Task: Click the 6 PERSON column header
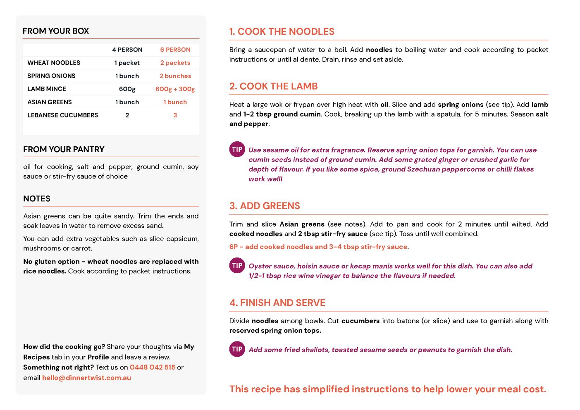(175, 50)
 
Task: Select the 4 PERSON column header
(127, 50)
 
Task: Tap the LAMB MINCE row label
(47, 89)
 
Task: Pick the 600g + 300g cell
(175, 89)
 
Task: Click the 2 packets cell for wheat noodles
(175, 63)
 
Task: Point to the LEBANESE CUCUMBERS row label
(63, 115)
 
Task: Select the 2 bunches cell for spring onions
(175, 76)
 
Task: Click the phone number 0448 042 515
(153, 367)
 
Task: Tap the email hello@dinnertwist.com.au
(86, 378)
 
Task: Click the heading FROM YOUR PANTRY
(64, 150)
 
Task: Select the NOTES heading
(37, 199)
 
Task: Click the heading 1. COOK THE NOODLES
(282, 32)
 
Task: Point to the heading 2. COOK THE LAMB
(273, 86)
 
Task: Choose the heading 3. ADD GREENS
(265, 206)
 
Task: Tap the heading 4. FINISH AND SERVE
(277, 303)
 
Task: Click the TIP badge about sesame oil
(237, 150)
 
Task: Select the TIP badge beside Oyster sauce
(237, 266)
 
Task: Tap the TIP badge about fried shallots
(237, 349)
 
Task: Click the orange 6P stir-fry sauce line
(319, 247)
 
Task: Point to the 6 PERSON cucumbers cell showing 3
(175, 115)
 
